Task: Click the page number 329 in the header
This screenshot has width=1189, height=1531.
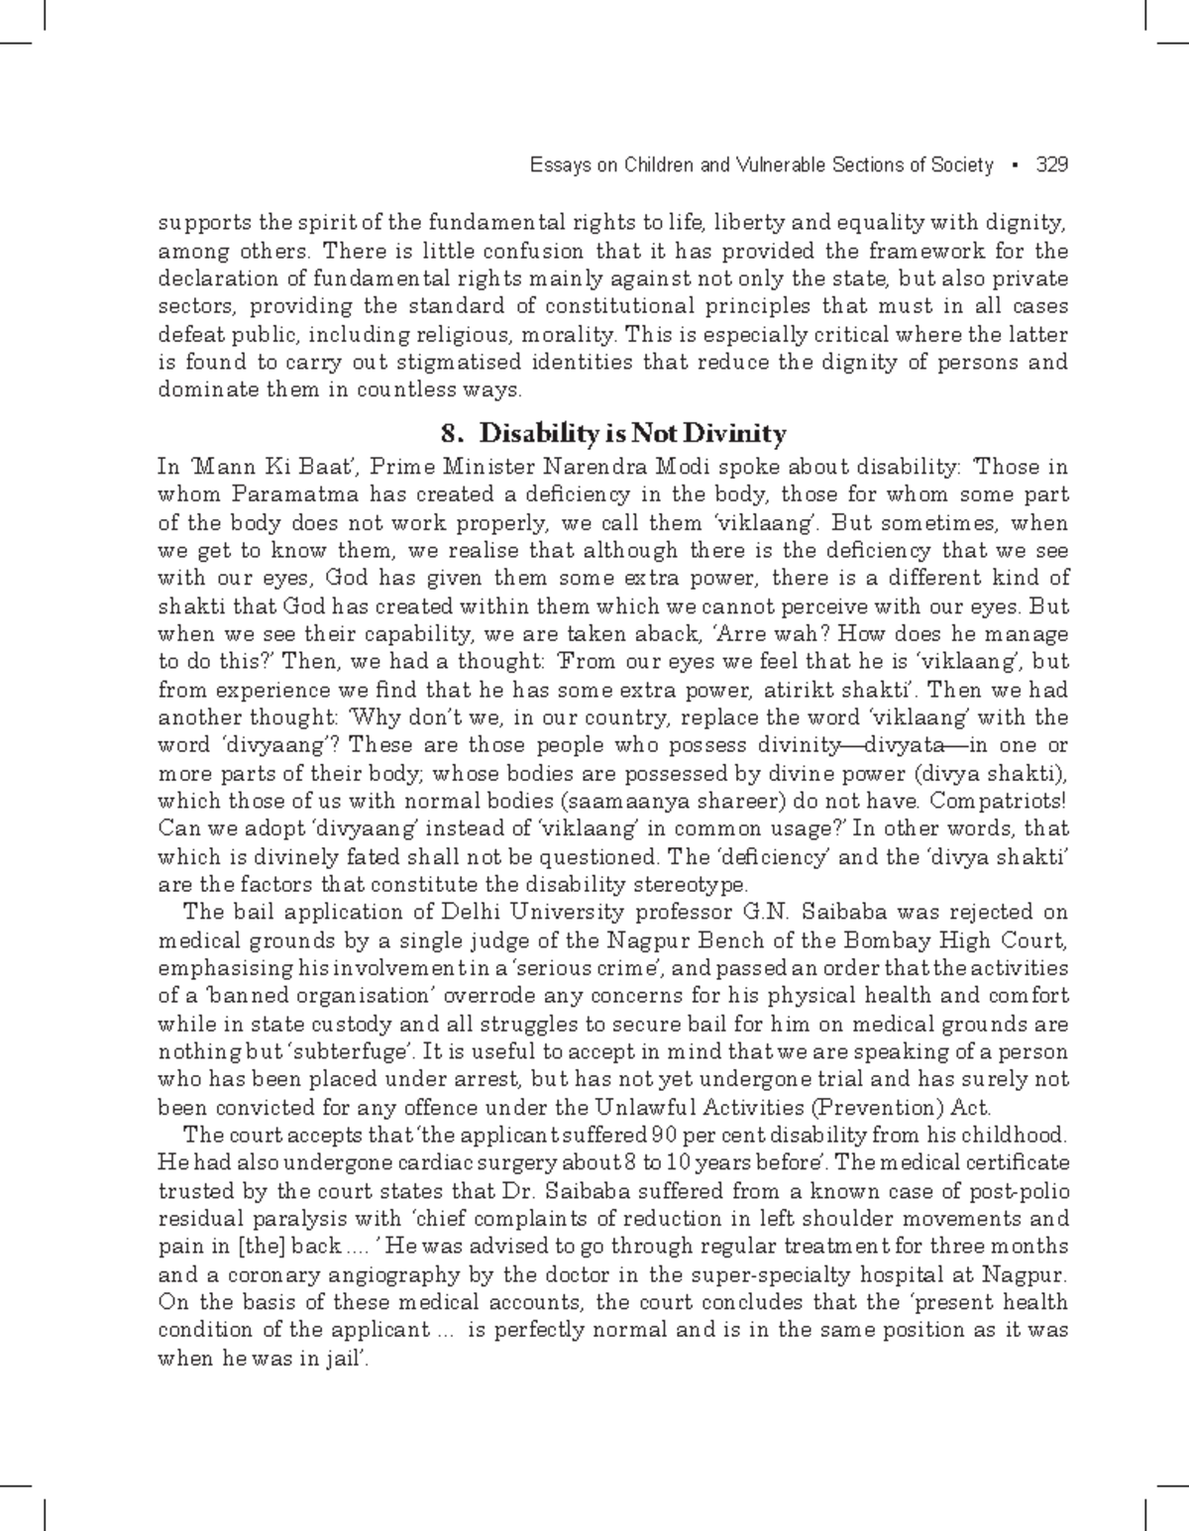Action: pos(1051,165)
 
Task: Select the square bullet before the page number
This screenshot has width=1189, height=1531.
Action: pos(1016,166)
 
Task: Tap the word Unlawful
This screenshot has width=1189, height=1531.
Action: pos(639,1107)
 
